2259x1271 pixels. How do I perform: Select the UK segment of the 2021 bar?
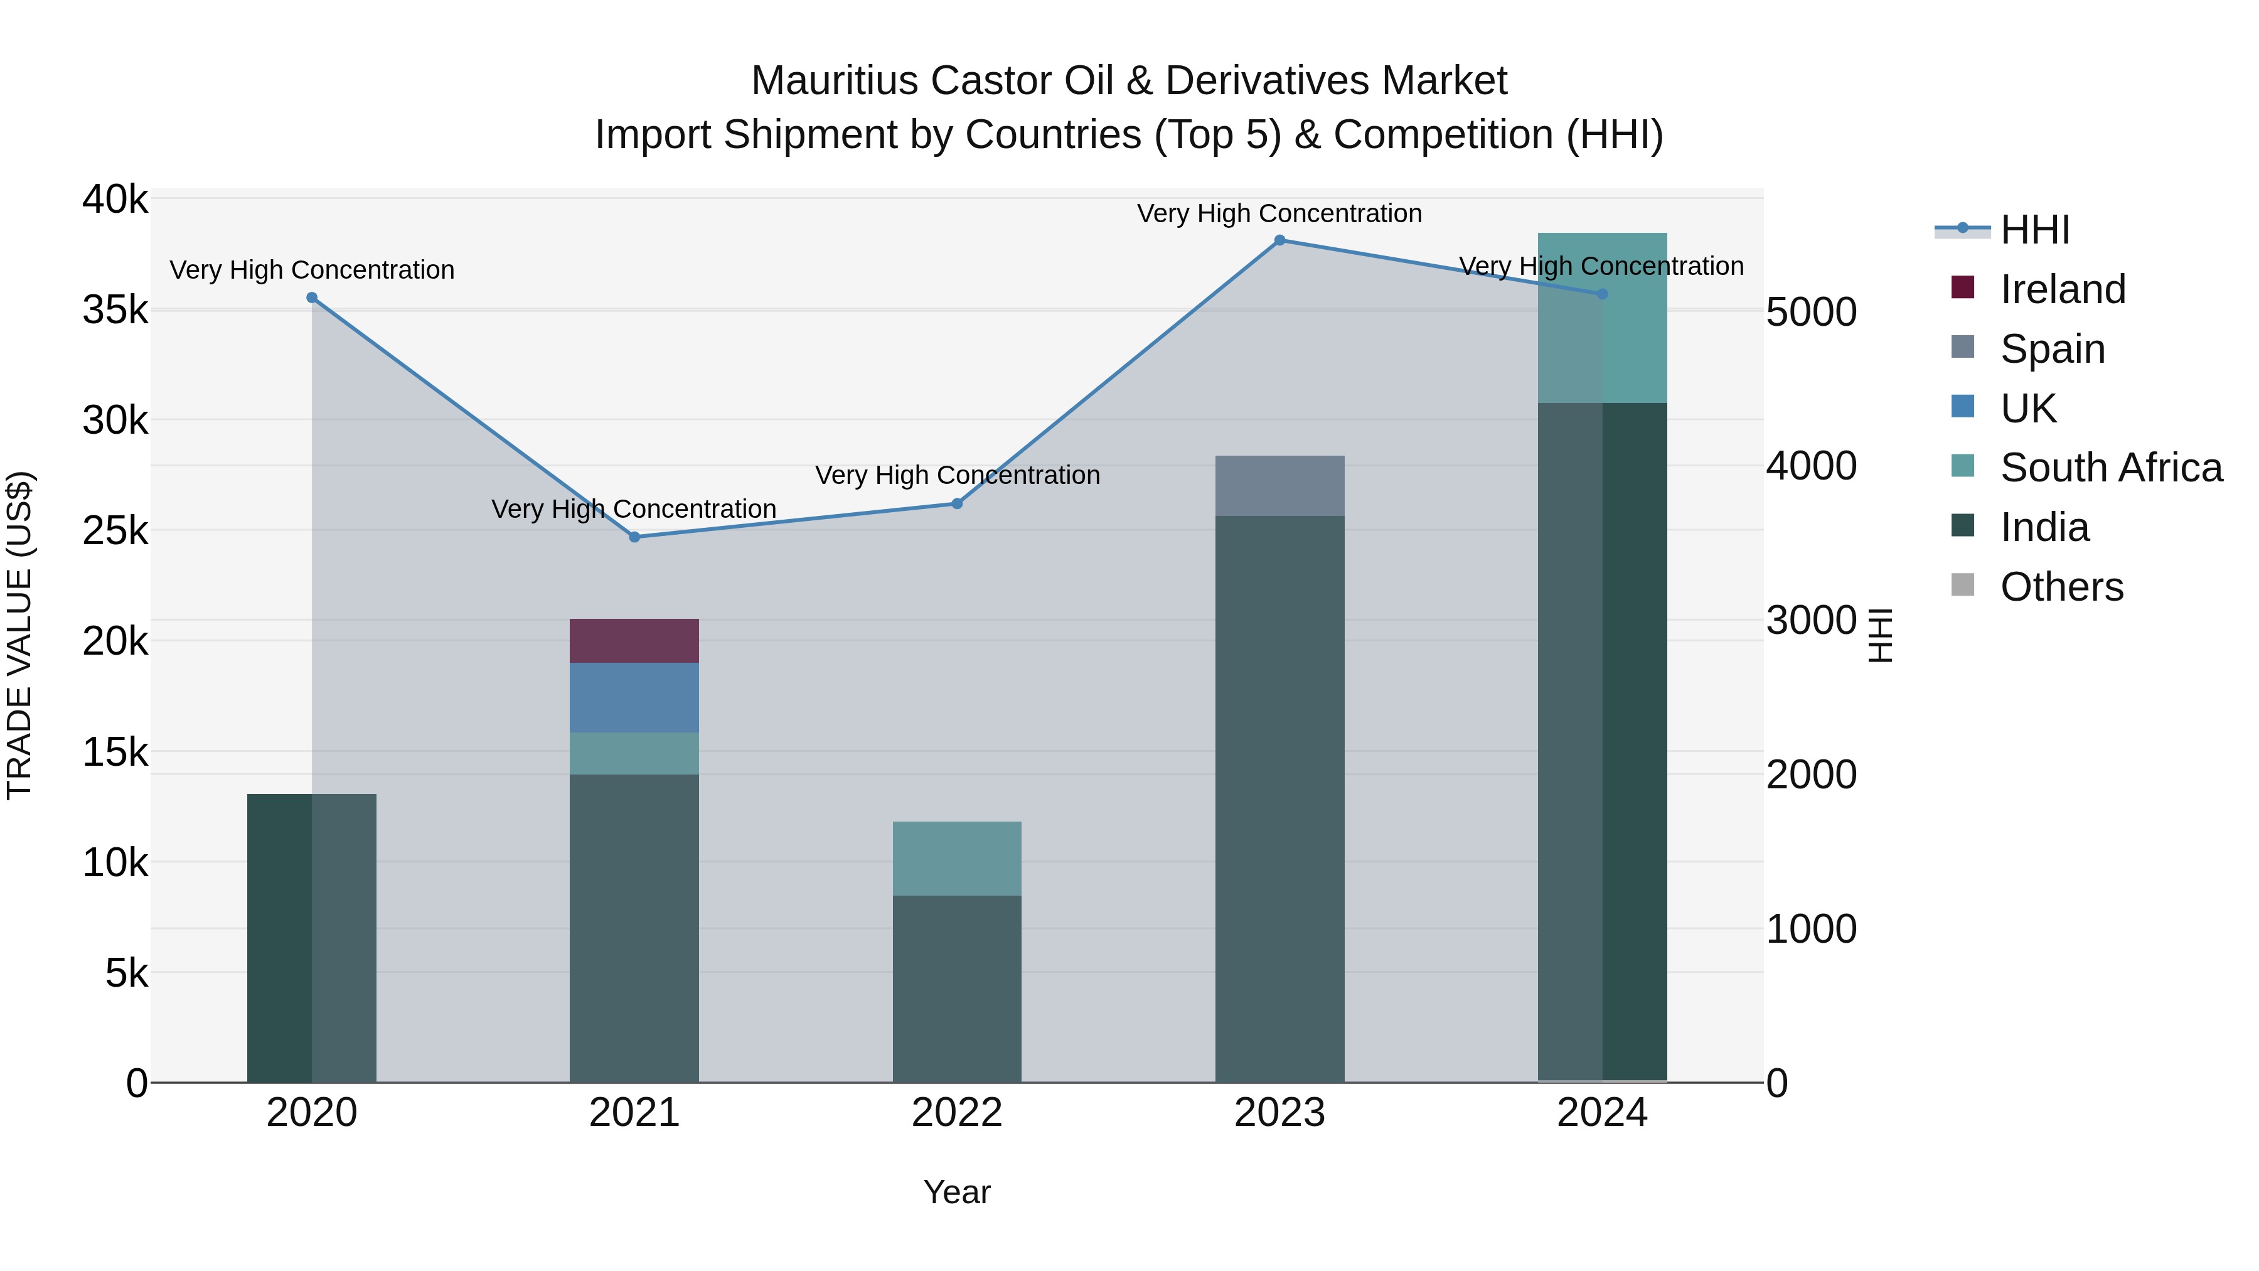coord(634,697)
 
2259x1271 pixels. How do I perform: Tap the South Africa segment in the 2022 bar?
coord(957,858)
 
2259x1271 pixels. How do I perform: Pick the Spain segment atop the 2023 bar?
coord(1279,485)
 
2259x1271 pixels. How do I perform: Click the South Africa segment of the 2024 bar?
coord(1602,318)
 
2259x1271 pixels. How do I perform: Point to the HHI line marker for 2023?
coord(1279,240)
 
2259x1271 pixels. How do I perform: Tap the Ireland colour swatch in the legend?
coord(1963,287)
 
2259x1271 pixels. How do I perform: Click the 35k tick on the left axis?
coord(115,309)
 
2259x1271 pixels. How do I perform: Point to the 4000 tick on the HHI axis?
coord(1811,466)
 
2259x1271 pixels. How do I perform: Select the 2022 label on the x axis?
coord(957,1113)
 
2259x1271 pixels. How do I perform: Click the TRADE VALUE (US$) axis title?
coord(19,635)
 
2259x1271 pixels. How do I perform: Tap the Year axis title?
coord(957,1192)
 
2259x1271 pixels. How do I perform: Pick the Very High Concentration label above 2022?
coord(957,475)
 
